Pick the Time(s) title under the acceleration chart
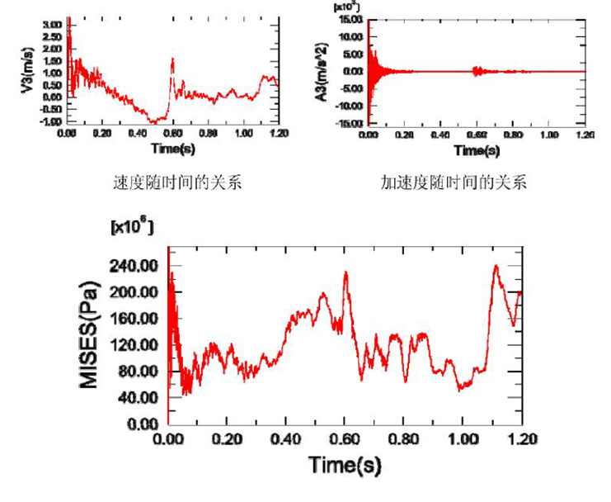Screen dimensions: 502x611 (477, 150)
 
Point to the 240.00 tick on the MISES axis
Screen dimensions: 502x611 (135, 266)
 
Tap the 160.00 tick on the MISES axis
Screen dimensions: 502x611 (135, 319)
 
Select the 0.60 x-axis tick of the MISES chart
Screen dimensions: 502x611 (344, 438)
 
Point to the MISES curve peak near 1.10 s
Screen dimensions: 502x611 (496, 266)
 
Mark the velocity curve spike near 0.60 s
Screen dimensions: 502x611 (172, 59)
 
